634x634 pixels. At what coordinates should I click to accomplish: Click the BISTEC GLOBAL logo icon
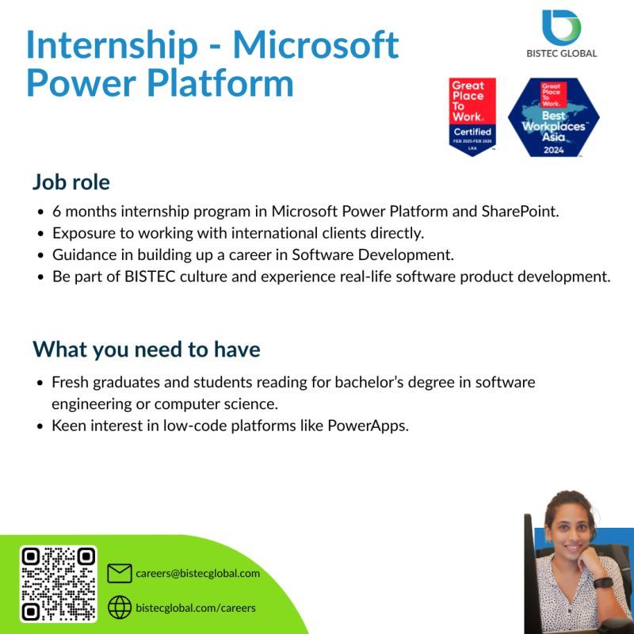pos(561,27)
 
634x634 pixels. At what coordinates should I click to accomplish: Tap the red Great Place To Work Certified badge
pos(472,116)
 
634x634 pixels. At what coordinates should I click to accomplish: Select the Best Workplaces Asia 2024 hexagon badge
pos(553,117)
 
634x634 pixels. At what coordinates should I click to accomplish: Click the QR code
pos(58,583)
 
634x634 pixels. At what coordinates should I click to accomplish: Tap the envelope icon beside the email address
pos(119,573)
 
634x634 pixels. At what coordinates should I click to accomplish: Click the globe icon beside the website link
pos(119,607)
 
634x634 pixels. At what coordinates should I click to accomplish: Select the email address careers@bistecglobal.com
pos(197,573)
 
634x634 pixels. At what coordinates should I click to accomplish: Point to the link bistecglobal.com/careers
pos(195,608)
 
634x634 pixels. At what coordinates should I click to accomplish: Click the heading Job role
pos(71,182)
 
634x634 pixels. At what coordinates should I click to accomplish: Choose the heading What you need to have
pos(146,349)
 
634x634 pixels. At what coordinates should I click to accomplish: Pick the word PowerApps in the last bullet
pos(372,426)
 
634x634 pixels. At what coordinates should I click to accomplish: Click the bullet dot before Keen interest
pos(40,426)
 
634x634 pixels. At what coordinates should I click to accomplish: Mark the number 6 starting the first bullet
pos(56,212)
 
